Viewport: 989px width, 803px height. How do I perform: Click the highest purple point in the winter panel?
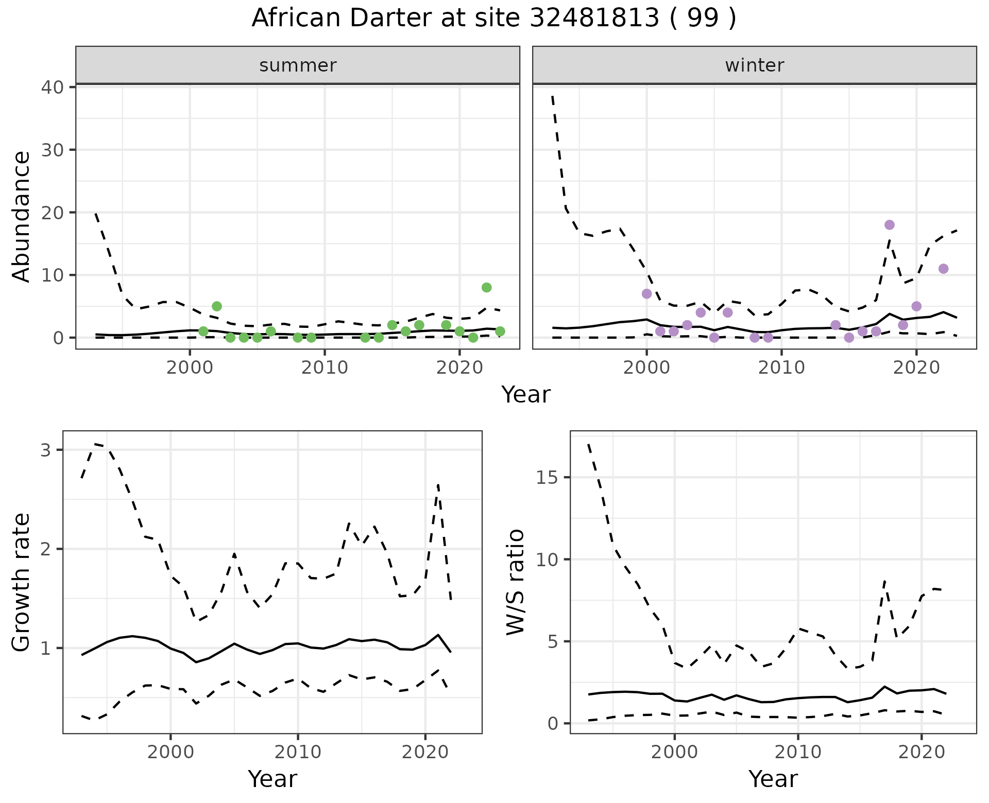pyautogui.click(x=889, y=225)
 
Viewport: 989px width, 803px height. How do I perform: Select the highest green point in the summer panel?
pyautogui.click(x=486, y=287)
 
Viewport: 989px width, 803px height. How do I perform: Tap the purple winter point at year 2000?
pyautogui.click(x=646, y=294)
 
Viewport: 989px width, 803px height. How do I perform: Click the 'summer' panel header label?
pyautogui.click(x=298, y=65)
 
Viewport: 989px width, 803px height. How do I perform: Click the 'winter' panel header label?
pyautogui.click(x=754, y=65)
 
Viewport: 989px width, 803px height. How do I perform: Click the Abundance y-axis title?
pyautogui.click(x=22, y=217)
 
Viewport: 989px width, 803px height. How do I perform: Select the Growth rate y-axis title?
pyautogui.click(x=22, y=582)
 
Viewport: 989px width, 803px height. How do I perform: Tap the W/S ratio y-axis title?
pyautogui.click(x=515, y=582)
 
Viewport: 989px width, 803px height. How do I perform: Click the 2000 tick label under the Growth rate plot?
pyautogui.click(x=170, y=752)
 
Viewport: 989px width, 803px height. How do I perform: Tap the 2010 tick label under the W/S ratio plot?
pyautogui.click(x=797, y=752)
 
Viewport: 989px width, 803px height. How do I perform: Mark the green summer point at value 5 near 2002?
pyautogui.click(x=217, y=306)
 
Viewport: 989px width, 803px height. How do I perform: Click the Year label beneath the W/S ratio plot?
pyautogui.click(x=773, y=779)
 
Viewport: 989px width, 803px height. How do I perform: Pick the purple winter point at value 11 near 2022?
pyautogui.click(x=943, y=269)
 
